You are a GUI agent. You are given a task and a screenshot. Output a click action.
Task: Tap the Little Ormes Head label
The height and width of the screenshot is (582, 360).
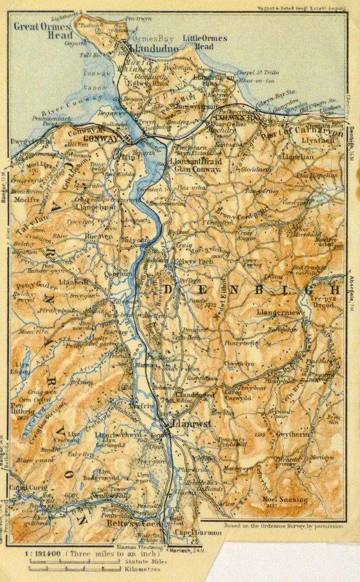click(x=205, y=42)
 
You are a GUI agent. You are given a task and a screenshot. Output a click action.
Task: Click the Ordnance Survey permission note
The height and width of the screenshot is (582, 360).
click(x=283, y=526)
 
